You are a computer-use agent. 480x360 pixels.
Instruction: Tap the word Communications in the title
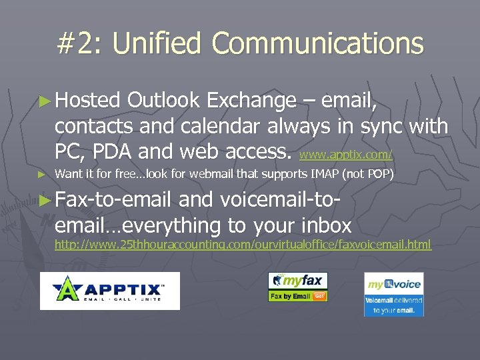click(x=317, y=44)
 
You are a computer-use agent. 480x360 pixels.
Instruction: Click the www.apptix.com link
click(x=346, y=155)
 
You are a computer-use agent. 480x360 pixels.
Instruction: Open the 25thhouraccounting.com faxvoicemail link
click(x=243, y=245)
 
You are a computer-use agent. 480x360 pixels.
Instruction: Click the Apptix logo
click(x=109, y=291)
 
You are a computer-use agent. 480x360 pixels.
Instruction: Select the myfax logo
click(x=297, y=287)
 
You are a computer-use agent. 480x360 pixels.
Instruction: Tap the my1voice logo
click(x=393, y=294)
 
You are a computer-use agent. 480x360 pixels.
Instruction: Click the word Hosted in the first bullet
click(x=87, y=101)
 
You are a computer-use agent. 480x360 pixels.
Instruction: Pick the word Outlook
click(x=163, y=101)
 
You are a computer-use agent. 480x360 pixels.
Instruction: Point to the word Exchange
click(x=251, y=101)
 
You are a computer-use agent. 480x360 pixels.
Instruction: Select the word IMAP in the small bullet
click(x=323, y=175)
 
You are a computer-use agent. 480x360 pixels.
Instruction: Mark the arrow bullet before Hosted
click(x=44, y=101)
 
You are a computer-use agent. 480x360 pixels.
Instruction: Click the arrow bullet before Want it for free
click(x=42, y=175)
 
